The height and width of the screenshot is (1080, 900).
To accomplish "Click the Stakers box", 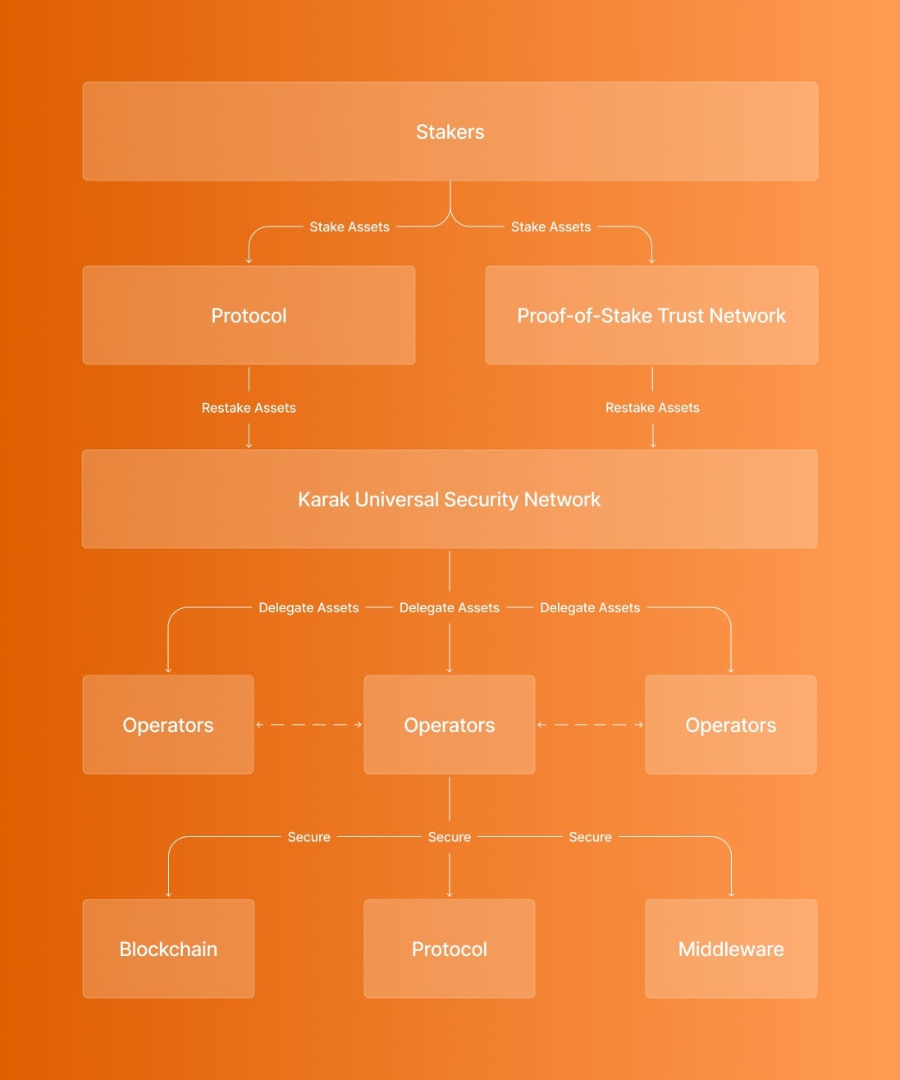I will (x=450, y=131).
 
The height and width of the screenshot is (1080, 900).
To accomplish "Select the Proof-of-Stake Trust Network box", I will (x=651, y=315).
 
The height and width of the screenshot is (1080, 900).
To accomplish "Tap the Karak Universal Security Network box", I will (x=450, y=499).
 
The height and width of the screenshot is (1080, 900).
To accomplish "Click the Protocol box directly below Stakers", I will (x=249, y=315).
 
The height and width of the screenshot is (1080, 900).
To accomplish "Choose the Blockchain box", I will (x=168, y=949).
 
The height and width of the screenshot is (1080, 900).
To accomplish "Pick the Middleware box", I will (x=731, y=949).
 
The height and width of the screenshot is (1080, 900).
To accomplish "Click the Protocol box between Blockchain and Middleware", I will (x=450, y=949).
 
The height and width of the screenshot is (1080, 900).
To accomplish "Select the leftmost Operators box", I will (x=168, y=725).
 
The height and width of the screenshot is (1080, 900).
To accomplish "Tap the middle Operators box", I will (x=450, y=725).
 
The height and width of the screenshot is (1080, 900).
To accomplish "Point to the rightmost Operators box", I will (x=731, y=725).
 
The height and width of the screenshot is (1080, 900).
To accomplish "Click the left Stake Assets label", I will (x=349, y=227).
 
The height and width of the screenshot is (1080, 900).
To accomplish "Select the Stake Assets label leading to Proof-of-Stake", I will (x=551, y=227).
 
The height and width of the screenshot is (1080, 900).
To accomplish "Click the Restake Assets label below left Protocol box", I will (x=249, y=408).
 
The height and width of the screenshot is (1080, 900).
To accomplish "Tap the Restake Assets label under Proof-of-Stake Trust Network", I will (x=652, y=408).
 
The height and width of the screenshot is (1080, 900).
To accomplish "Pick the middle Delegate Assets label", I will (x=450, y=607).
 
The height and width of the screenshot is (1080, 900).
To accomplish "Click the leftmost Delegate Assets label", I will (x=308, y=607).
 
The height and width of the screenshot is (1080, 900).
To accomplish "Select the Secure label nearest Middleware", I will (x=590, y=837).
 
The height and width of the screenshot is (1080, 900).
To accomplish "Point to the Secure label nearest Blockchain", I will (x=308, y=837).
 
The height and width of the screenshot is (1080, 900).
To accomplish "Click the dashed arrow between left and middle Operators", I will (x=308, y=725).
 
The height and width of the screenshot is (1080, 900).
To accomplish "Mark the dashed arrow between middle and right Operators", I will (x=590, y=725).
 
